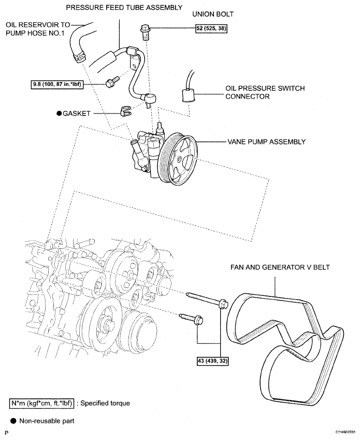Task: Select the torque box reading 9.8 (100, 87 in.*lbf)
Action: pyautogui.click(x=57, y=84)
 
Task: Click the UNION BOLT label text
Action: pyautogui.click(x=213, y=14)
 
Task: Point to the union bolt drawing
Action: pyautogui.click(x=145, y=32)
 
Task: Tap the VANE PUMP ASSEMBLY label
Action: pyautogui.click(x=266, y=141)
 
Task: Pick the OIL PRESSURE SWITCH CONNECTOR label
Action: pyautogui.click(x=265, y=92)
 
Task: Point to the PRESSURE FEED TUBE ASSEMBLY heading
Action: pyautogui.click(x=124, y=7)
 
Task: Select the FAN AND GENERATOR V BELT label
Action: pyautogui.click(x=280, y=267)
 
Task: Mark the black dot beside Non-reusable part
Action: pyautogui.click(x=13, y=421)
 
